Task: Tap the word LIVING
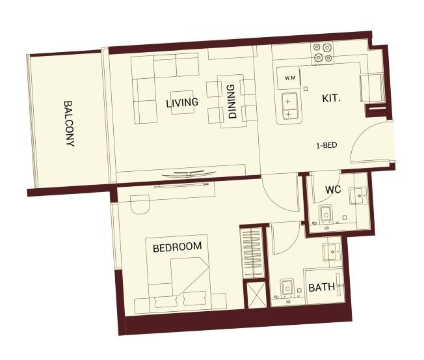(x=181, y=104)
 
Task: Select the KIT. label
(x=332, y=99)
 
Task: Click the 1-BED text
(x=326, y=146)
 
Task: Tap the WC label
(x=333, y=190)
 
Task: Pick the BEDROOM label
(x=177, y=247)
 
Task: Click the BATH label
(x=321, y=287)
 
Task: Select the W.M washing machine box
(x=289, y=78)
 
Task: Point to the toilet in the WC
(x=325, y=213)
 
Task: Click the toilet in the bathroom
(x=285, y=288)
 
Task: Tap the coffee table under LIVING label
(x=182, y=102)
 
